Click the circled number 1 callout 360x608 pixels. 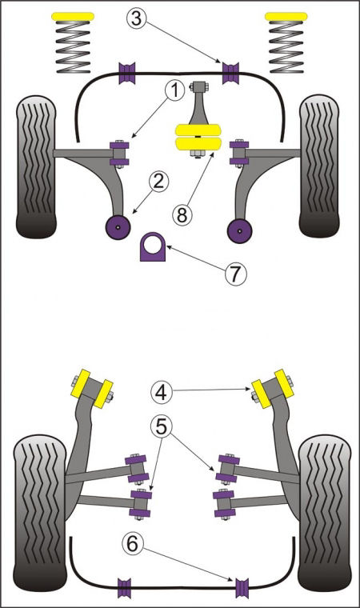coord(175,90)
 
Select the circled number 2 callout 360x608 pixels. coord(159,182)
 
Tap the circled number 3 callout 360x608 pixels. coord(136,18)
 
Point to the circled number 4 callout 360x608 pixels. coord(161,392)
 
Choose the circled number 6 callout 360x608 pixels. coord(132,544)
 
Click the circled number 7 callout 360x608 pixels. coord(236,274)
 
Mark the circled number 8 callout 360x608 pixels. coord(182,215)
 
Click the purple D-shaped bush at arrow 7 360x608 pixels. coord(153,247)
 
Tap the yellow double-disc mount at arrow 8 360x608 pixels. coord(198,137)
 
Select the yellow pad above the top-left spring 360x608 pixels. coord(73,16)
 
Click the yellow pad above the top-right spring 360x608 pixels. coord(286,16)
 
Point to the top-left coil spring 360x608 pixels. coord(73,47)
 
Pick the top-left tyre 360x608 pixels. coord(36,166)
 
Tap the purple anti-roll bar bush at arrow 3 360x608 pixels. coord(230,73)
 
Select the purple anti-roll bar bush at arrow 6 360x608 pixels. coord(242,588)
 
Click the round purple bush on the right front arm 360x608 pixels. coord(240,230)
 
